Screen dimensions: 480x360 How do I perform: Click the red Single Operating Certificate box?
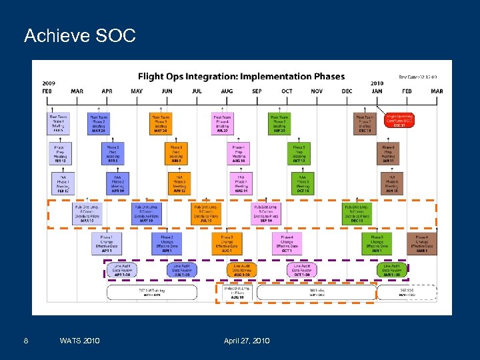click(399, 121)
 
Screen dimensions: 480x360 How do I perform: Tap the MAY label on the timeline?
click(137, 91)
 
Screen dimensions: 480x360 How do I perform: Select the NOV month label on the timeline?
click(317, 91)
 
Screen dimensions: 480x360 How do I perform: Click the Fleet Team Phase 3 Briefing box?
click(161, 123)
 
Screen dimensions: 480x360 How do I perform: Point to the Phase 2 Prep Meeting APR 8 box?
click(113, 154)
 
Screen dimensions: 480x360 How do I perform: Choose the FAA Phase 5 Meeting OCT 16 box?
click(302, 183)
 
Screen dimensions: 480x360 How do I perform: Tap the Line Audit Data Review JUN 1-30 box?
click(182, 270)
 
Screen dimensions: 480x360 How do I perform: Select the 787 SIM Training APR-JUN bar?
click(153, 292)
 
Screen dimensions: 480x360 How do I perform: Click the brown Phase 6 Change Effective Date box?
click(422, 243)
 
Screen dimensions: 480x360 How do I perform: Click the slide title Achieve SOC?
click(79, 35)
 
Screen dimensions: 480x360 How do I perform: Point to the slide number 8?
click(25, 341)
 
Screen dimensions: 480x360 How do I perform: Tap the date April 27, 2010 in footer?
click(247, 341)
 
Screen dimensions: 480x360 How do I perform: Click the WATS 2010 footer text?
click(79, 341)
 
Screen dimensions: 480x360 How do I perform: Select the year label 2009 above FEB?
click(49, 84)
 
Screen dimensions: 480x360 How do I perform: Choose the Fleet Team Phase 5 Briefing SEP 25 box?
click(279, 123)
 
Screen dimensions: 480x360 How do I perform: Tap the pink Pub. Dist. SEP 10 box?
click(266, 214)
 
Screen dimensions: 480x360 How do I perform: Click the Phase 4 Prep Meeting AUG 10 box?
click(238, 154)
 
